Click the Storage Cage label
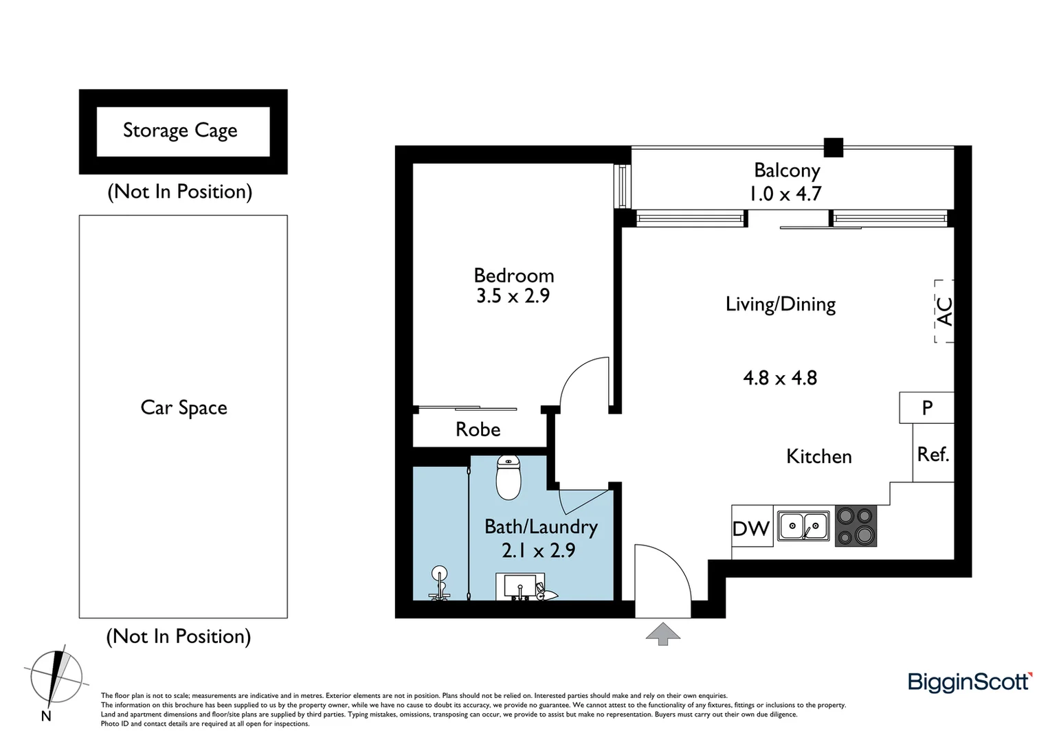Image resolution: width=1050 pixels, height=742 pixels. point(180,131)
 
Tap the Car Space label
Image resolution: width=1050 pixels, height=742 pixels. point(183,408)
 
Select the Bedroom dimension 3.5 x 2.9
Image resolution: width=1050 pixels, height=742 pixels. point(513,296)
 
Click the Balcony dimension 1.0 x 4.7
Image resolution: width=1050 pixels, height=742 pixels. point(785,194)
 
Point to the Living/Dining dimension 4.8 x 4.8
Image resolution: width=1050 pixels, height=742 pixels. point(780,378)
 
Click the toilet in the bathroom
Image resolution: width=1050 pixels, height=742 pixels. point(509,477)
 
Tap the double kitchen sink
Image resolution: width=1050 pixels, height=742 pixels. point(803,526)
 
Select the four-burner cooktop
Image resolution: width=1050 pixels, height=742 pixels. point(856,526)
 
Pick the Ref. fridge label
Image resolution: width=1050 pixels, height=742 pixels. point(932,454)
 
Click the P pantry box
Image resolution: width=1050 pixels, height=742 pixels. point(926,407)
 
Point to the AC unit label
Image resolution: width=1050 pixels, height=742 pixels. point(945,311)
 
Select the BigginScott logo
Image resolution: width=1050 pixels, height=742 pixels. point(970,682)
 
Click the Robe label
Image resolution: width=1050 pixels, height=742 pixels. point(478,430)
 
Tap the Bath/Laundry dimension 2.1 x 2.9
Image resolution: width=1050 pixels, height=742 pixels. point(538,550)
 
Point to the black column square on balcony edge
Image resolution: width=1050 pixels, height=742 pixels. point(833,147)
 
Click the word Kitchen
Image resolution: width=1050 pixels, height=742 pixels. point(818,457)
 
